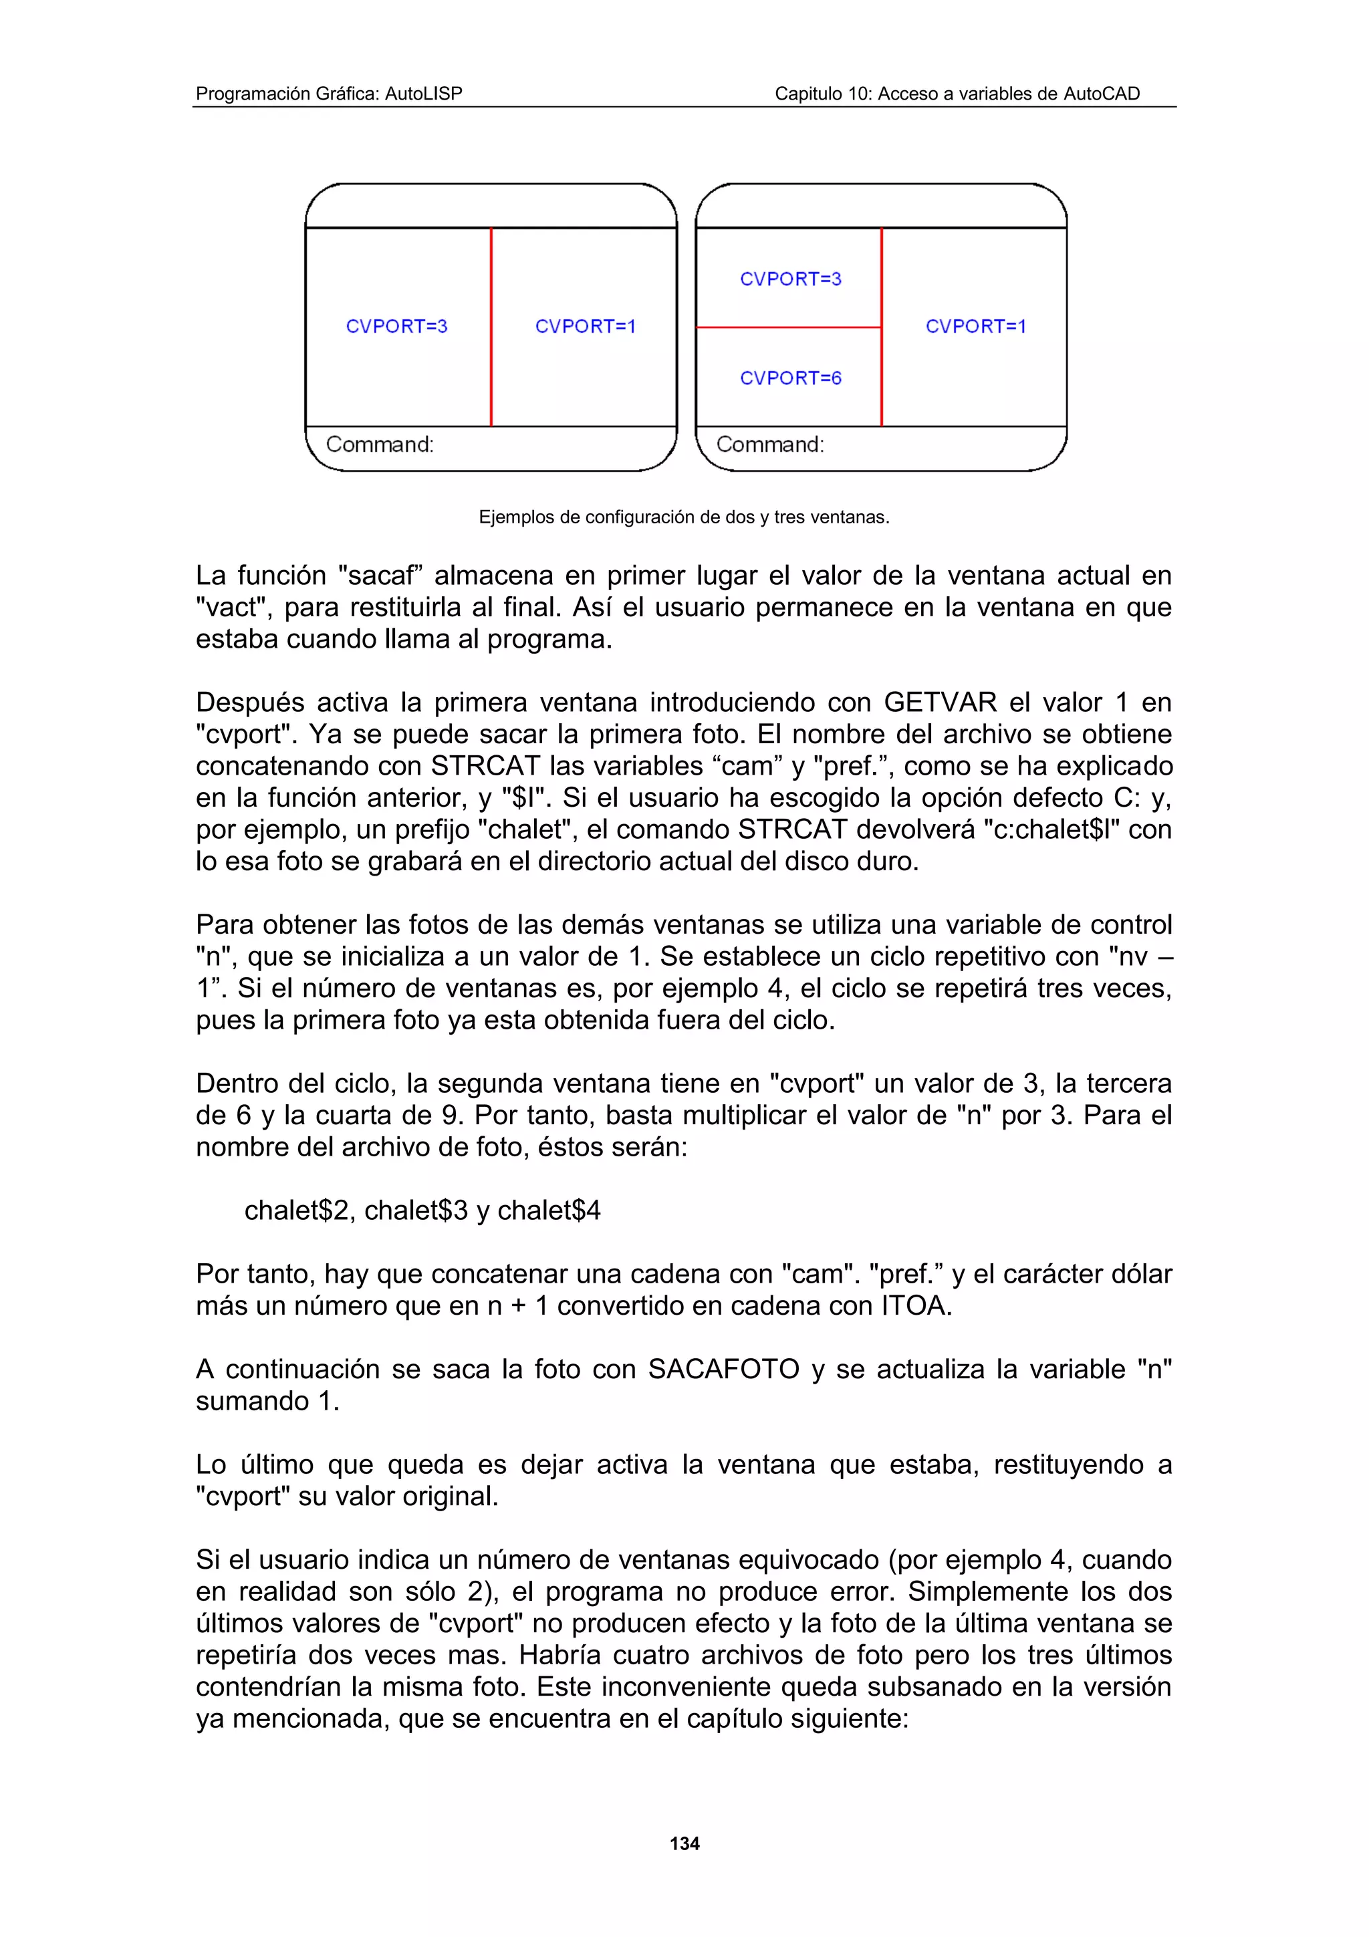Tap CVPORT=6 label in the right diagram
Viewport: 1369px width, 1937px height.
click(x=790, y=378)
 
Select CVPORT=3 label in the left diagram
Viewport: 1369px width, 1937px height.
click(x=396, y=326)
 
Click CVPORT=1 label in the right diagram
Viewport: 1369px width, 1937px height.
click(x=976, y=326)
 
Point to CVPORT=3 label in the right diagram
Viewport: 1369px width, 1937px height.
click(x=790, y=279)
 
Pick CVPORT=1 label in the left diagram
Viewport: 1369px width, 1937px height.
click(x=586, y=326)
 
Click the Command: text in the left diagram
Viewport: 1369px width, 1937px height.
click(x=380, y=444)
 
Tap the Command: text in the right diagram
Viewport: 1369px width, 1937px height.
click(x=770, y=444)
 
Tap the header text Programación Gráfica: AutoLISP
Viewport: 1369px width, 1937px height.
click(x=329, y=94)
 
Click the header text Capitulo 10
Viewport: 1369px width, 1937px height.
click(x=957, y=94)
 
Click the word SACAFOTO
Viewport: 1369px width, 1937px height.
click(x=724, y=1370)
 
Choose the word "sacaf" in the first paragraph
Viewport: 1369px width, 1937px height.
click(x=379, y=575)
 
